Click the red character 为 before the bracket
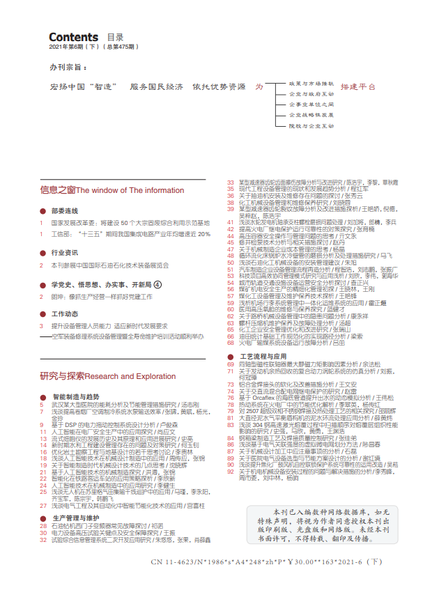click(x=259, y=87)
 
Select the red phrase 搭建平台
click(x=359, y=87)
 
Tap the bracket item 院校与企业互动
click(x=311, y=126)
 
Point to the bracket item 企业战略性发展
click(x=311, y=114)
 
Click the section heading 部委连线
click(x=64, y=210)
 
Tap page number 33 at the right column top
click(x=231, y=182)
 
